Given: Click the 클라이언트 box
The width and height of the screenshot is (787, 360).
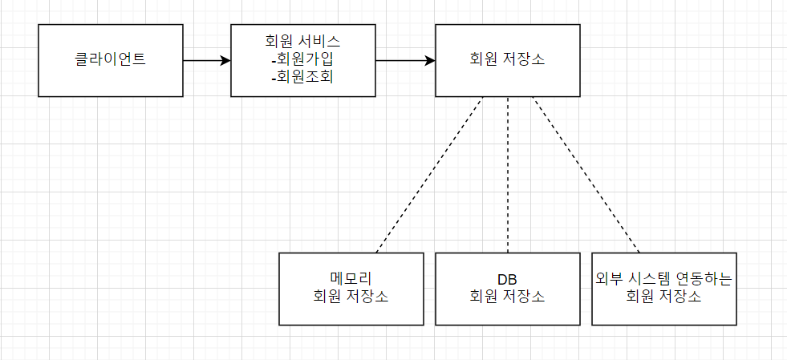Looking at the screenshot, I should point(110,60).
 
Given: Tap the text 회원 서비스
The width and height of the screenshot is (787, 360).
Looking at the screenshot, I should point(302,42).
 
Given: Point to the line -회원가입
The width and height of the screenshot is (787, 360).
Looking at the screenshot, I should point(302,60).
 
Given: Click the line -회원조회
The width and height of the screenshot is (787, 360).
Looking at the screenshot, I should point(302,78).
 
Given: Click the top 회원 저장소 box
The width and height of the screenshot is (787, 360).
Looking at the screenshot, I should point(507,60).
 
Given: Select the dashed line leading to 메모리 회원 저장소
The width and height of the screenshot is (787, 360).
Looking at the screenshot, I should point(429,175).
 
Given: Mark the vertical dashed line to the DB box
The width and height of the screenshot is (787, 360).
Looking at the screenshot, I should point(508,175).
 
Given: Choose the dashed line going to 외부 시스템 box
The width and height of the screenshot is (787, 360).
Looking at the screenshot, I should point(586,175).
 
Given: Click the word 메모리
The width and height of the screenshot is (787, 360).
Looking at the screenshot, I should point(351,279).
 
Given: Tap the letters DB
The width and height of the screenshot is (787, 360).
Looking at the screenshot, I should point(507,279).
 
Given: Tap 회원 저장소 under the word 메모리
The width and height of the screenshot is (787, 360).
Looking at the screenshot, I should point(351,297).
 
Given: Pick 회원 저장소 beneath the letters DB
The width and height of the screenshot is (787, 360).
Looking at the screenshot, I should point(507,297).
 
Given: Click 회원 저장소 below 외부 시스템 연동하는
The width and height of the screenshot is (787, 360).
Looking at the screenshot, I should point(663,297).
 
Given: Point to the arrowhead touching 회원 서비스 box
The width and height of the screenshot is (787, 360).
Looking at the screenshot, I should point(225,60).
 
